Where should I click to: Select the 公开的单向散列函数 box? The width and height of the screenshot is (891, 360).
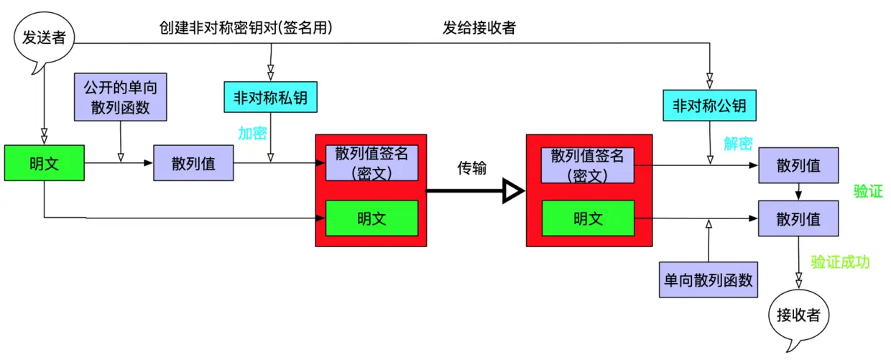tap(121, 97)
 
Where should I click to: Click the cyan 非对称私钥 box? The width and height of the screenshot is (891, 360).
tap(270, 97)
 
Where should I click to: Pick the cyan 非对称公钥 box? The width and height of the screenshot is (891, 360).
tap(709, 106)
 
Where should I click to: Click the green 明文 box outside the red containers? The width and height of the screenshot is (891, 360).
tap(45, 163)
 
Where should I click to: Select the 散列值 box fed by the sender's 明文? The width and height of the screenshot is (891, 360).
tap(193, 163)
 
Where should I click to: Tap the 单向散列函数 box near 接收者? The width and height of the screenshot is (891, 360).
tap(708, 280)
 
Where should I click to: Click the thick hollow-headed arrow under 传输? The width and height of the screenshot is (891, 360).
tap(475, 191)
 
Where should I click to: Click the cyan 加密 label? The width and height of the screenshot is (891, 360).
tap(253, 133)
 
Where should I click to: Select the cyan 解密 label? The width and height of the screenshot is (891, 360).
tap(738, 144)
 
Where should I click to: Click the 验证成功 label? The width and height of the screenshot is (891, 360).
tap(841, 262)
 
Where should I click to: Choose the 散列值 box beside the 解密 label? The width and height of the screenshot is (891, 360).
tap(798, 165)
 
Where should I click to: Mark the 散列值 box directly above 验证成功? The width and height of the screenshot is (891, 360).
tap(798, 218)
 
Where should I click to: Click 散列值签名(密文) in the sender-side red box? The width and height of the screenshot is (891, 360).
tap(371, 162)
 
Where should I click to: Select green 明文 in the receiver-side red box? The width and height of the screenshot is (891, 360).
tap(588, 218)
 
